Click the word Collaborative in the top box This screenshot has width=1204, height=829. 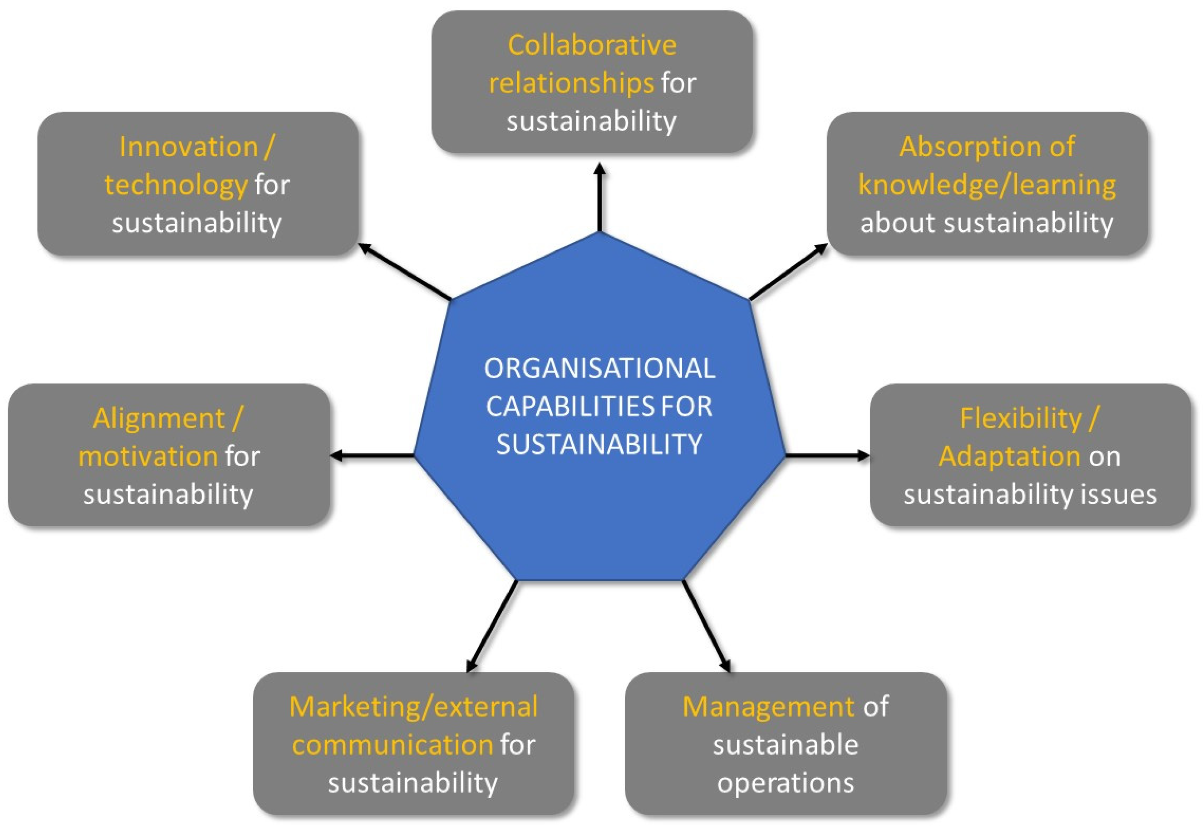[x=592, y=45]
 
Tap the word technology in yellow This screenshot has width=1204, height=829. [x=176, y=185]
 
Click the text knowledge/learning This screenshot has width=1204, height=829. [x=986, y=185]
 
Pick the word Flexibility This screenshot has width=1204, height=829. [x=1020, y=419]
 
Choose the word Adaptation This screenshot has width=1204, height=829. [x=1009, y=457]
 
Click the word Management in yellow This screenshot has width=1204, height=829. [x=768, y=707]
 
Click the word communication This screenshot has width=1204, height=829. [x=393, y=745]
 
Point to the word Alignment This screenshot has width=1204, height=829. [x=159, y=419]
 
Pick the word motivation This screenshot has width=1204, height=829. [x=148, y=457]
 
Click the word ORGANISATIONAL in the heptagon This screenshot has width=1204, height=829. [x=600, y=369]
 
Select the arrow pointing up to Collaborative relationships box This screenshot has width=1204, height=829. [x=600, y=197]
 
